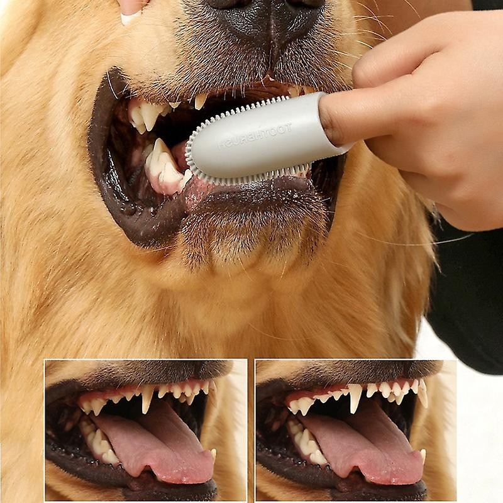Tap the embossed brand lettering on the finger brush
[255, 137]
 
